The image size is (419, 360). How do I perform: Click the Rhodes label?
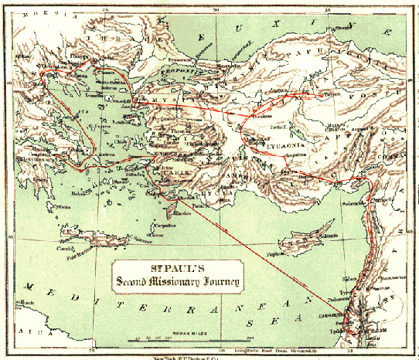pos(182,214)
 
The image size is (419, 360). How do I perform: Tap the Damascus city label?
pos(376,275)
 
